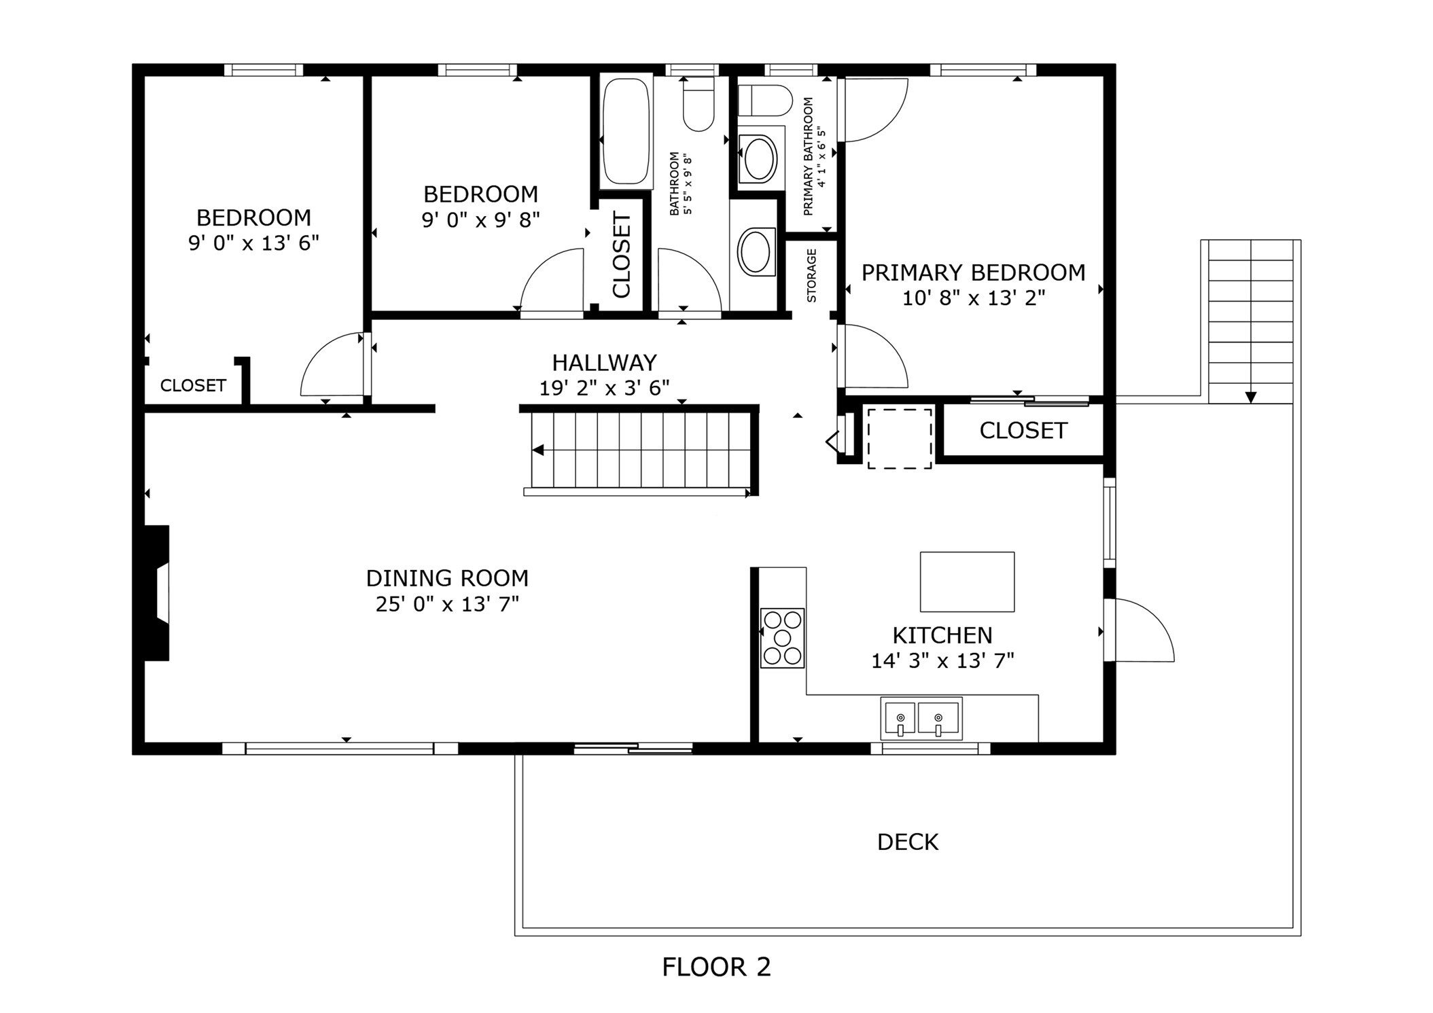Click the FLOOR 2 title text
pyautogui.click(x=716, y=967)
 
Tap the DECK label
pyautogui.click(x=907, y=842)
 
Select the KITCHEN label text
pyautogui.click(x=942, y=635)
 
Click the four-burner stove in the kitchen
pyautogui.click(x=781, y=638)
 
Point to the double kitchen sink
pyautogui.click(x=921, y=719)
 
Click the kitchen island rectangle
pyautogui.click(x=966, y=582)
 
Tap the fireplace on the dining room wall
pyautogui.click(x=156, y=592)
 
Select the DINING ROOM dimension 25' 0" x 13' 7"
pyautogui.click(x=447, y=604)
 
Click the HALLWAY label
pyautogui.click(x=603, y=362)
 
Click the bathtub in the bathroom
pyautogui.click(x=626, y=131)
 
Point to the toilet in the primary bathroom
pyautogui.click(x=764, y=101)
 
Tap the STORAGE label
pyautogui.click(x=811, y=275)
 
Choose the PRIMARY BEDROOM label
pyautogui.click(x=973, y=272)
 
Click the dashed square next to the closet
pyautogui.click(x=899, y=438)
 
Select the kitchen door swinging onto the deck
pyautogui.click(x=1138, y=630)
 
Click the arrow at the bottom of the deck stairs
pyautogui.click(x=1250, y=397)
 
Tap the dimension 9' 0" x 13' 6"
pyautogui.click(x=253, y=243)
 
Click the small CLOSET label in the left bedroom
pyautogui.click(x=193, y=385)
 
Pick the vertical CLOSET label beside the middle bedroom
pyautogui.click(x=622, y=255)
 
